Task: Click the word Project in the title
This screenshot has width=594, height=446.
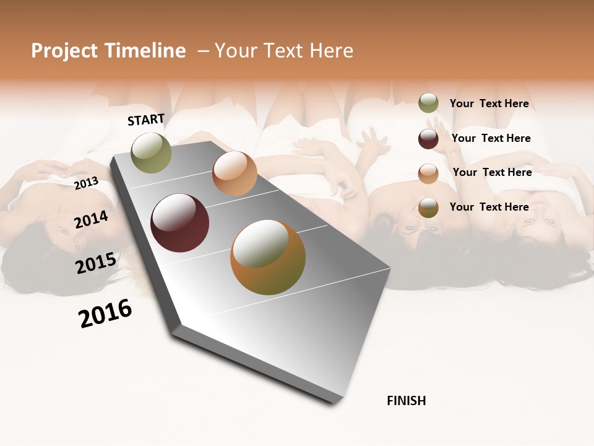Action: [x=64, y=51]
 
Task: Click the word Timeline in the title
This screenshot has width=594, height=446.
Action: [x=144, y=51]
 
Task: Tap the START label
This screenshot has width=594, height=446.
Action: [x=146, y=120]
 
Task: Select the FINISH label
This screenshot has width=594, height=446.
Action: [x=406, y=401]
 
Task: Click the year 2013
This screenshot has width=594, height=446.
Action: [x=86, y=183]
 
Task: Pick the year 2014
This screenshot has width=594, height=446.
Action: [x=91, y=219]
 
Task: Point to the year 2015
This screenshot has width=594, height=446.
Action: [x=95, y=263]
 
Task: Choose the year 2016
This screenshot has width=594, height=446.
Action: [x=105, y=313]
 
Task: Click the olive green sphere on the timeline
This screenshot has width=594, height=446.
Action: [x=152, y=152]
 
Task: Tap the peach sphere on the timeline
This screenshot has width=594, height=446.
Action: [x=235, y=173]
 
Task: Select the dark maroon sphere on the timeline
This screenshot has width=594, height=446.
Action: [x=179, y=223]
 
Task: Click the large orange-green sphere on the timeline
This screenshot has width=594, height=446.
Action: [x=268, y=257]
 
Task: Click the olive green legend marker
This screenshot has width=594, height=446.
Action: [x=428, y=103]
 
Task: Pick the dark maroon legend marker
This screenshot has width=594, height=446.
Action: [x=428, y=139]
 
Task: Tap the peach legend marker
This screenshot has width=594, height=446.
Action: [x=428, y=173]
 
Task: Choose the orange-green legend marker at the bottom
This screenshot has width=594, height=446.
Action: [x=428, y=208]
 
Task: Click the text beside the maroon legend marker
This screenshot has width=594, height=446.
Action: [x=491, y=138]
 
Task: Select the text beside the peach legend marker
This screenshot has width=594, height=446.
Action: [x=492, y=172]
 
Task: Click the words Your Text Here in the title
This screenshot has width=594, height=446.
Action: [x=284, y=51]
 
